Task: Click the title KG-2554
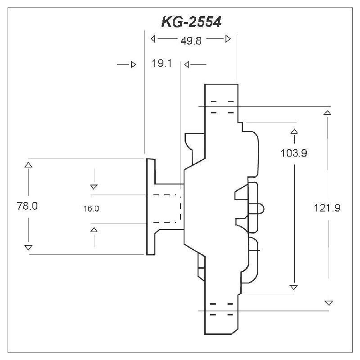click(x=191, y=22)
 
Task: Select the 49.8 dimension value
click(x=191, y=40)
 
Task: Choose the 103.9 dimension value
click(x=293, y=153)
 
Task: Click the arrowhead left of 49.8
click(x=153, y=39)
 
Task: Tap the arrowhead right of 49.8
click(x=228, y=39)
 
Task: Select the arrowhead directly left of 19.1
click(x=133, y=65)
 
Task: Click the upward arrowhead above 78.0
click(x=28, y=165)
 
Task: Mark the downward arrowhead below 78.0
click(x=28, y=247)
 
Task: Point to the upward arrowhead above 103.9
click(x=294, y=131)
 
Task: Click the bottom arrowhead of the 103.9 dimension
click(x=294, y=287)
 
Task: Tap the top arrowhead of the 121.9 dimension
click(x=328, y=112)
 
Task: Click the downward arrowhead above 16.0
click(x=94, y=186)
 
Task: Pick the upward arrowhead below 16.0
click(x=94, y=230)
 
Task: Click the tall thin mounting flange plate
click(x=151, y=207)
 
